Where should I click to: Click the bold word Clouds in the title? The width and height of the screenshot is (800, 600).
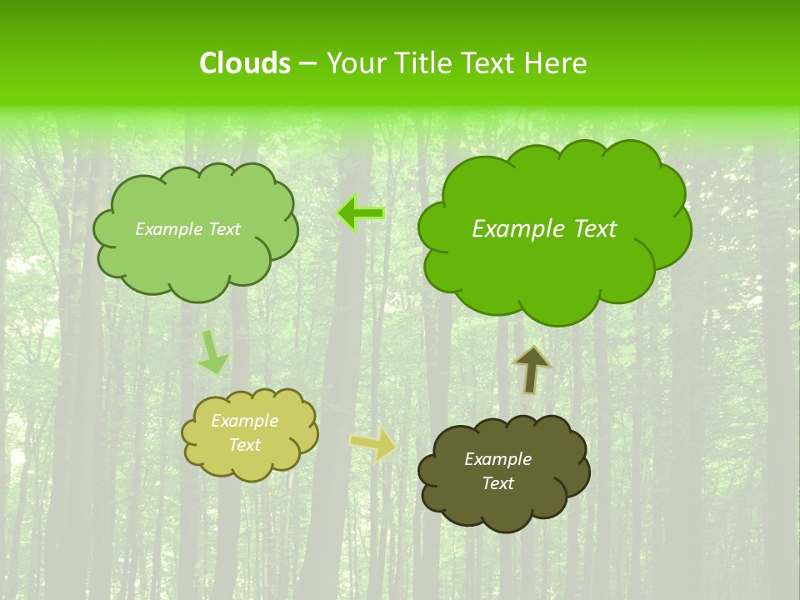tap(244, 63)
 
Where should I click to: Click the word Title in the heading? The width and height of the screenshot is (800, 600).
tap(422, 63)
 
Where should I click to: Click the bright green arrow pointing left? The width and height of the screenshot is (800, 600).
tap(361, 213)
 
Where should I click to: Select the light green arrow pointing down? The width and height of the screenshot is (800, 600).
tap(212, 352)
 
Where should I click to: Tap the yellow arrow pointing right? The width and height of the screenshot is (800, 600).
tap(374, 443)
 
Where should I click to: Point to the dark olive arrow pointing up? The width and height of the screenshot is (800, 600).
tap(532, 369)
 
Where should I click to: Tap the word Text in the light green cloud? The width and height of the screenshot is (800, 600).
tap(222, 229)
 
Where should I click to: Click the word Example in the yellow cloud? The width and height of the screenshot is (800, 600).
tap(245, 422)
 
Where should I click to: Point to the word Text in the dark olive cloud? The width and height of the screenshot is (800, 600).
tap(497, 483)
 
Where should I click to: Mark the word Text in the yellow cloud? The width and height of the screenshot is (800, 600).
tap(245, 445)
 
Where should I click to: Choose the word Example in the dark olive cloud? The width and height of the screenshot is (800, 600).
tap(497, 459)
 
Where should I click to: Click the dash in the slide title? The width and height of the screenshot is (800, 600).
tap(307, 63)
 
